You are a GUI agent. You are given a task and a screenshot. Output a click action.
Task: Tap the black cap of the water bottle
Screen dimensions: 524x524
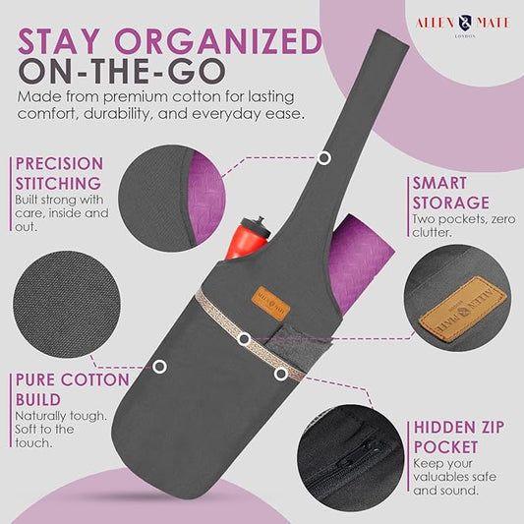click(256, 225)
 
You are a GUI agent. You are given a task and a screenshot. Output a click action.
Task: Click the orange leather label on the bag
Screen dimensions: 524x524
click(270, 304)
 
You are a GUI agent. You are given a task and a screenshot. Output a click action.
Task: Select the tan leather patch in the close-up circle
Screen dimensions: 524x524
click(463, 308)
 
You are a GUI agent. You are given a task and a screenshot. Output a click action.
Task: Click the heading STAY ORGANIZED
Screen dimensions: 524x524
click(170, 41)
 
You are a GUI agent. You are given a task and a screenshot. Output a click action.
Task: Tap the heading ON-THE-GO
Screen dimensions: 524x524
click(122, 72)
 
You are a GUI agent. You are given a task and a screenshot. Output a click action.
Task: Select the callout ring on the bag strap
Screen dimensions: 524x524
click(323, 157)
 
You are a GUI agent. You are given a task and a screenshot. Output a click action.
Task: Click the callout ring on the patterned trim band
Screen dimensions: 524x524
click(244, 339)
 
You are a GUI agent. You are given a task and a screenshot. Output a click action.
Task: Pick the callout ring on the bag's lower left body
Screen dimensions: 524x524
click(159, 367)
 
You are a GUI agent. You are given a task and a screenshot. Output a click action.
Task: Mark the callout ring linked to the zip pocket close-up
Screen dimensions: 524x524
click(281, 374)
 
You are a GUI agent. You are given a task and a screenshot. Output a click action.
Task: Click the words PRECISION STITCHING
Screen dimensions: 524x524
click(60, 173)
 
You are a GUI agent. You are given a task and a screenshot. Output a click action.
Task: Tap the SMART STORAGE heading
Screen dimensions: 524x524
click(451, 193)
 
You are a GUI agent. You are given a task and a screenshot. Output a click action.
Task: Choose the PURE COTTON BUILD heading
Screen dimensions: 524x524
click(73, 389)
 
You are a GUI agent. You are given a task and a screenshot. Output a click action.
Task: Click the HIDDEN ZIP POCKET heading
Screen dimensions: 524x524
click(458, 437)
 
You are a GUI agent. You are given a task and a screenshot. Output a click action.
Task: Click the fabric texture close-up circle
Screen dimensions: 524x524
click(67, 305)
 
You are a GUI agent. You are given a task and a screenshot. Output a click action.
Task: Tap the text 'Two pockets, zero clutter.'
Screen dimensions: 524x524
click(464, 225)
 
